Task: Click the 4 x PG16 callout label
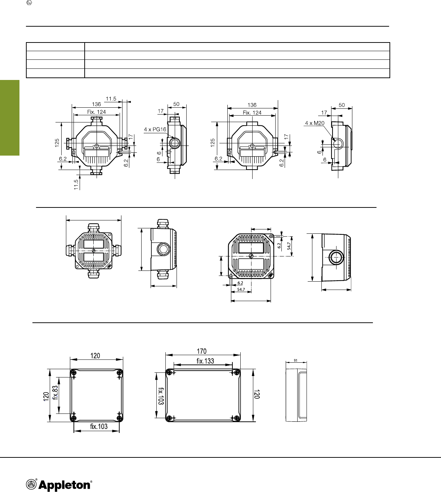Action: coord(155,129)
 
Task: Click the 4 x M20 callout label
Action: coord(315,123)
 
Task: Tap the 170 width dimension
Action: coord(202,351)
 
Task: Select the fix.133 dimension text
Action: coord(205,361)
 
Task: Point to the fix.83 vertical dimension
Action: coord(55,393)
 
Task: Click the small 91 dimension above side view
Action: coord(295,361)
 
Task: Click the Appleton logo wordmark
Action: coord(64,485)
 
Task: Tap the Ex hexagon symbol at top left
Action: coord(29,3)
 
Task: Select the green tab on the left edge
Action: coord(10,117)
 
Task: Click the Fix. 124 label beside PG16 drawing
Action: coord(97,112)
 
